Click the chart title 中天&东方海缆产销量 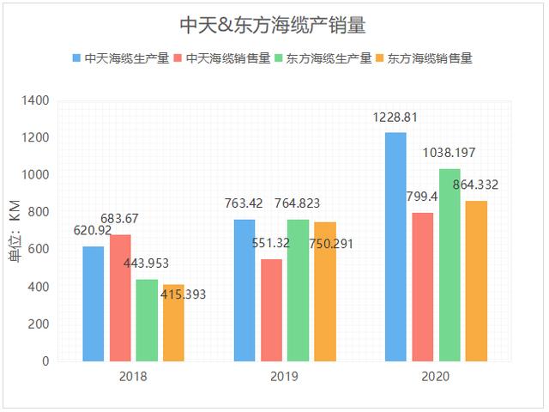273,26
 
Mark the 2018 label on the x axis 134,376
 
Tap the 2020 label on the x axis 436,376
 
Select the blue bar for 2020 395,247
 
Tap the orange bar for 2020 476,281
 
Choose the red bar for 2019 271,310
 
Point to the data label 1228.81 395,118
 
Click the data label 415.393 183,294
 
